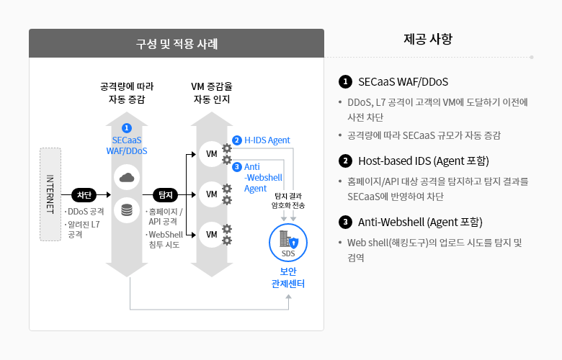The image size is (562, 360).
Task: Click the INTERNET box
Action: tap(50, 194)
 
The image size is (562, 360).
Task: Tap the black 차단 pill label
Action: tap(84, 195)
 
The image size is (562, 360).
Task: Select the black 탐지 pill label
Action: tap(166, 195)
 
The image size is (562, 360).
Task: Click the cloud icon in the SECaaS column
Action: tap(127, 177)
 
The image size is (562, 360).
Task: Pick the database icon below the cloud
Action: tap(127, 210)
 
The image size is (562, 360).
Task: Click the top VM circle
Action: tap(211, 154)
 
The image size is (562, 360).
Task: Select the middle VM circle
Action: tap(211, 194)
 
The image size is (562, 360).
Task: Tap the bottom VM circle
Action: tap(211, 235)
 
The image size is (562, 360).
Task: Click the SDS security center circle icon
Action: tap(288, 243)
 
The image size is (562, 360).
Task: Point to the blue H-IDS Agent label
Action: tap(267, 140)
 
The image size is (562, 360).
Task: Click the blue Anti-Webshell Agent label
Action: tap(263, 178)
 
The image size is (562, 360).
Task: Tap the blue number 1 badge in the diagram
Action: tap(127, 128)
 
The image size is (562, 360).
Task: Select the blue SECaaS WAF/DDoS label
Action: tap(127, 145)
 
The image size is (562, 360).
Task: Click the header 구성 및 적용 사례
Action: tap(177, 44)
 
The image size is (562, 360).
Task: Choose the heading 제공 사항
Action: tap(428, 39)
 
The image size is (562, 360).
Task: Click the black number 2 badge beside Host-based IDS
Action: tap(345, 161)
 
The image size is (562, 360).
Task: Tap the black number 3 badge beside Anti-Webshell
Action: tap(345, 222)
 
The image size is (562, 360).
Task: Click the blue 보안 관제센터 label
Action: tap(288, 278)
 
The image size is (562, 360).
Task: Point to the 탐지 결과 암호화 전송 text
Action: tap(288, 201)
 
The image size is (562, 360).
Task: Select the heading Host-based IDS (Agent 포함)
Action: tap(424, 161)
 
